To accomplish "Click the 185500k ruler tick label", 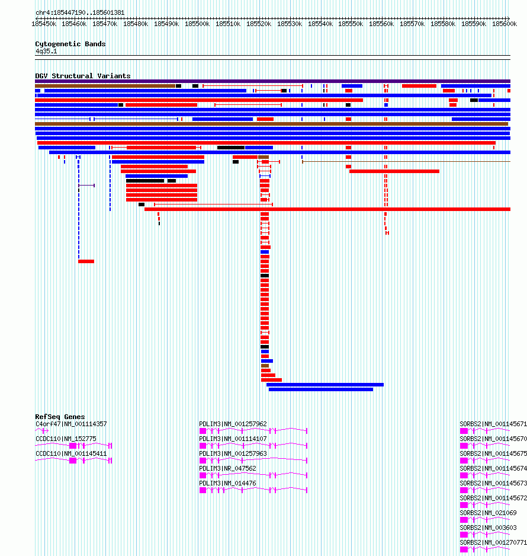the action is click(197, 24).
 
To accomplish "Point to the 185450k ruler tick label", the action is click(44, 24).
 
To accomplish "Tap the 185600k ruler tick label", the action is click(504, 24).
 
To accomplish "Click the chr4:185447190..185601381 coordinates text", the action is click(80, 13).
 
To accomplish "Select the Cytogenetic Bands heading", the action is click(70, 44).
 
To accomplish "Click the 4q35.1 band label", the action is click(46, 52).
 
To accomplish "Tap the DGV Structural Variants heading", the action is click(83, 76).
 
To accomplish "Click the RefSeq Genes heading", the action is click(60, 417).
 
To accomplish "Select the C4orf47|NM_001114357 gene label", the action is click(71, 424).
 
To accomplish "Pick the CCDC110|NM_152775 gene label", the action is click(66, 439).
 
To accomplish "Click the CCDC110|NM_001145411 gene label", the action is click(71, 454).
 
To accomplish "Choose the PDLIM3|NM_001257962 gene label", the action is click(233, 424).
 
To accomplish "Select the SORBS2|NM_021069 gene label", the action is click(488, 513).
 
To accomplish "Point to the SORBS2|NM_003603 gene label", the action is click(488, 528).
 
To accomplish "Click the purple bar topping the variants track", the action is click(273, 81).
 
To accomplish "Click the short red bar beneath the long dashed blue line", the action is click(86, 261).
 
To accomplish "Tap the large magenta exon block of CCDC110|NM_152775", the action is click(73, 446).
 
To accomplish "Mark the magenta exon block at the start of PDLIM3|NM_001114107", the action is click(203, 446).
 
